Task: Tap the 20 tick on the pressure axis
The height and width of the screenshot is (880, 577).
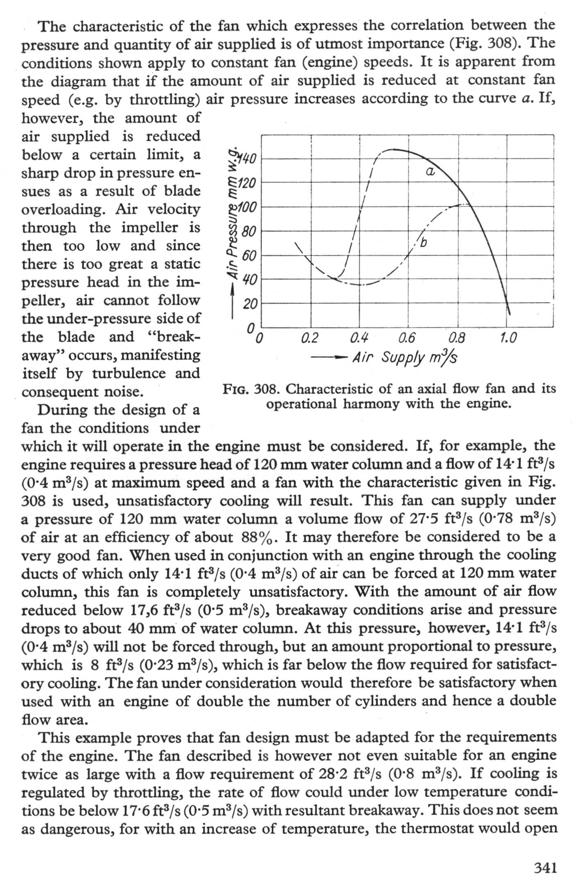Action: tap(249, 304)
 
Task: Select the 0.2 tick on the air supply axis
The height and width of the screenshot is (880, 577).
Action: tap(309, 338)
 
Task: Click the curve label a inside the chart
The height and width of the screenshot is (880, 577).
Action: tap(430, 172)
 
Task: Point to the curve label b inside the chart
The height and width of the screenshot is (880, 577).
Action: tap(424, 243)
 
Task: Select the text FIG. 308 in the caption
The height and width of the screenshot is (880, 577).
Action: tap(249, 389)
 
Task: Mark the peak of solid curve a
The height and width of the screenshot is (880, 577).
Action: tap(393, 149)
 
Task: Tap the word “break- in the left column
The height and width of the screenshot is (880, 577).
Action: tap(173, 337)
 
